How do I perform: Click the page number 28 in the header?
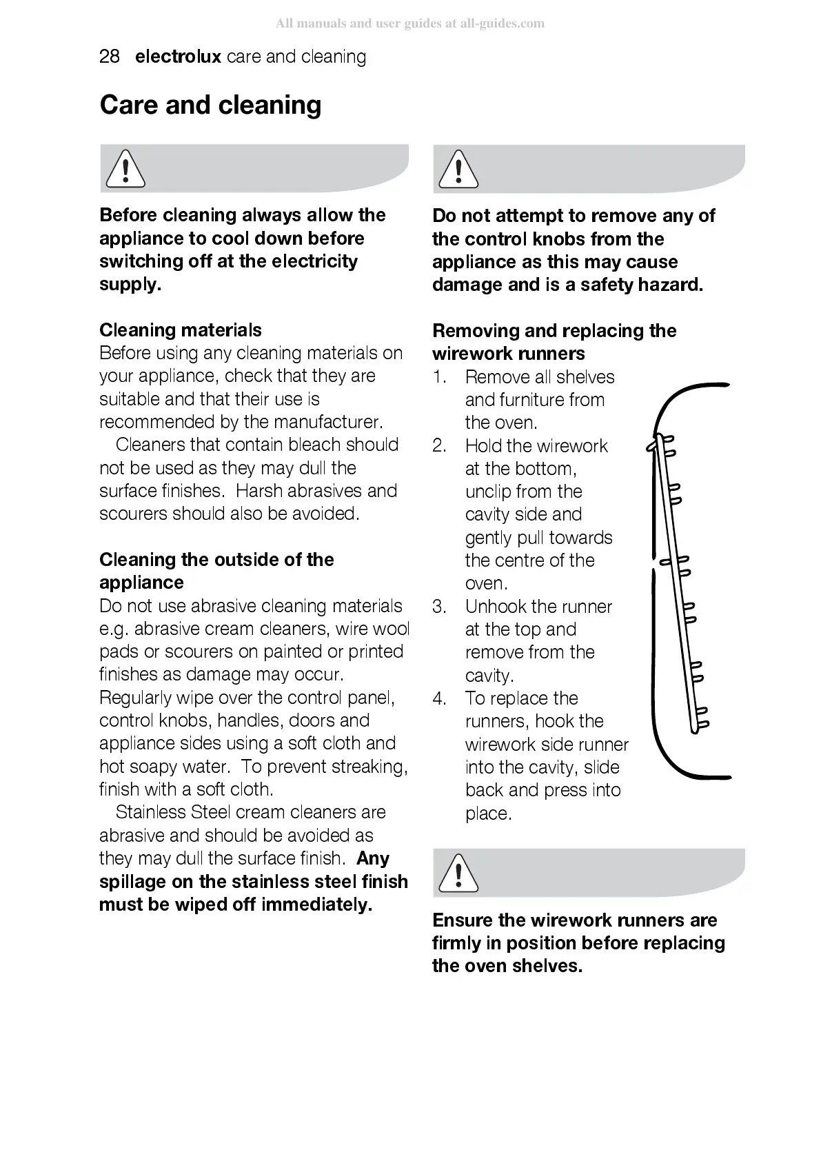pos(110,57)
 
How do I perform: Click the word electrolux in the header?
pos(178,57)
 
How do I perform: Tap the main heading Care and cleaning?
pos(210,105)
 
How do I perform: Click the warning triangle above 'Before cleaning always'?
pos(125,169)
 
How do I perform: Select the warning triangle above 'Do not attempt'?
pos(458,170)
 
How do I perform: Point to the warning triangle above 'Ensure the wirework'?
pos(458,873)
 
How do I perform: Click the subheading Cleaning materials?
pos(181,330)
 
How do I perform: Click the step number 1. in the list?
pos(440,377)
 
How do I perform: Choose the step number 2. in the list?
pos(440,446)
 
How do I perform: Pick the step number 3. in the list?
pos(440,607)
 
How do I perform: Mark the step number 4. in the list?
pos(440,698)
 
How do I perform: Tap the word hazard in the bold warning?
pos(670,285)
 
